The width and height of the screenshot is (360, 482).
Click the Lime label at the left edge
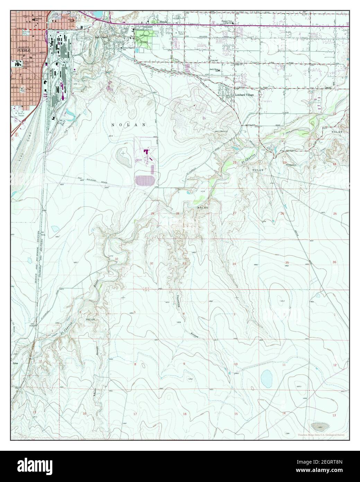coord(15,363)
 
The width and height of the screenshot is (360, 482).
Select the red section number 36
coord(334,262)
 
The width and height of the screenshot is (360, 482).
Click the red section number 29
coord(152,214)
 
